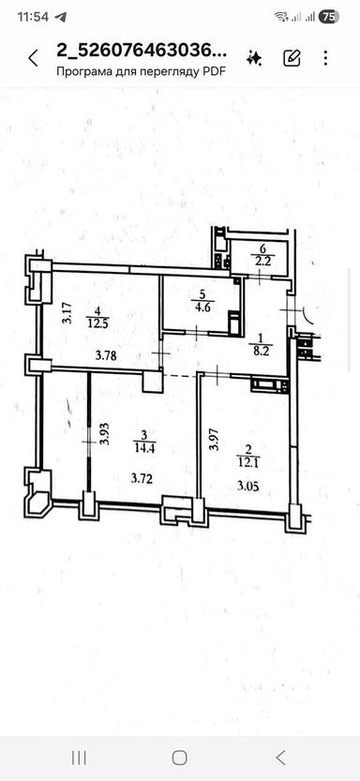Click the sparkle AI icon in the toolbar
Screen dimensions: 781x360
click(x=253, y=58)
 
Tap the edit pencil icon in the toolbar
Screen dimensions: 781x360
click(x=292, y=58)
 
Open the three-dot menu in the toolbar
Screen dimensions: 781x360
click(x=326, y=58)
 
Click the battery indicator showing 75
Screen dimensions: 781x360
click(x=329, y=16)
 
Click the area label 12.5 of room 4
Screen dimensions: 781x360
click(x=97, y=323)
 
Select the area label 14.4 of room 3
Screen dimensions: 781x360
click(x=143, y=448)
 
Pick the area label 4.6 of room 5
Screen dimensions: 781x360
click(x=202, y=305)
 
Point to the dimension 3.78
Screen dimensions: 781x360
click(x=108, y=355)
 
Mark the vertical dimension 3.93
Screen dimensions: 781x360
click(x=106, y=432)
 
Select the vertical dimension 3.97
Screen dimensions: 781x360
click(x=214, y=440)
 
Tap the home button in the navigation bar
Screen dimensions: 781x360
click(x=180, y=757)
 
